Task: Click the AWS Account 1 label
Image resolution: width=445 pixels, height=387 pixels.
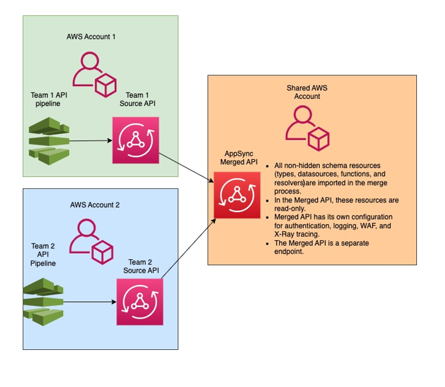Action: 91,36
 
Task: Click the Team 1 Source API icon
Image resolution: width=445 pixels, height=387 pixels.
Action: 135,140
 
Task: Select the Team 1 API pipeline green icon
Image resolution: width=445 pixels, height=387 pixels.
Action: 47,140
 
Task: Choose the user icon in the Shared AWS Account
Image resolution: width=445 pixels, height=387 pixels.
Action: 306,126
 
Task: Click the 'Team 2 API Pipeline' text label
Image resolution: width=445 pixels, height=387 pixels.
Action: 43,254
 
